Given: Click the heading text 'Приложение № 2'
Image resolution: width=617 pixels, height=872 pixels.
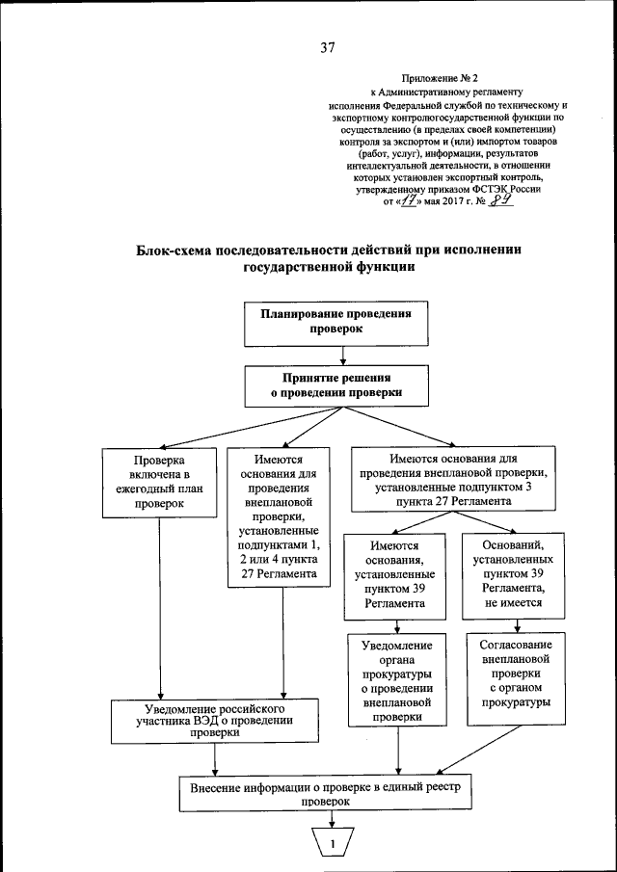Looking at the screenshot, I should pos(443,78).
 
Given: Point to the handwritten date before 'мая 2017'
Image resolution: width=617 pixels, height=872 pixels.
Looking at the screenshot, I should pos(413,201).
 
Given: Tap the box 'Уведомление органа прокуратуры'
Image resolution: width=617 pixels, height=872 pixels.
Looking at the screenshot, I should pos(396,681).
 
